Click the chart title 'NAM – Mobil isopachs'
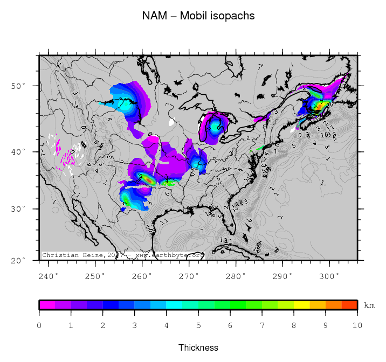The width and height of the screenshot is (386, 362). [198, 16]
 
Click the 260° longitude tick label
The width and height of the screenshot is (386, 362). [142, 276]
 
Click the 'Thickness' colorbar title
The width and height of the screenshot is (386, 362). [198, 347]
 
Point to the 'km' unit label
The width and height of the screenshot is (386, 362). [369, 305]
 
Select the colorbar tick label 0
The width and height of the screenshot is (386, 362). [39, 325]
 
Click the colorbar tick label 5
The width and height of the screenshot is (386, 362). [198, 325]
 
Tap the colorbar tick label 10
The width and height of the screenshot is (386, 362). [357, 325]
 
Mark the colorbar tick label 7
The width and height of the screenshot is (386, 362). [262, 325]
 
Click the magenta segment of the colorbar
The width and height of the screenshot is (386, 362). [47, 305]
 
